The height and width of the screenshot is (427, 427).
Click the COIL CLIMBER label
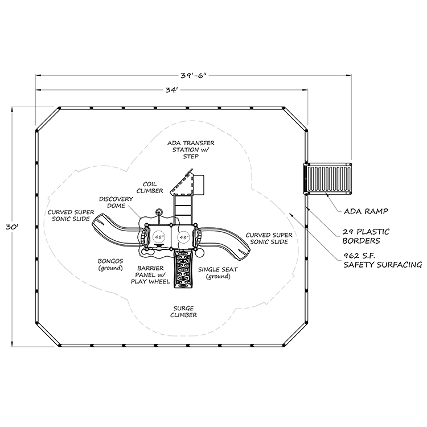pyautogui.click(x=150, y=187)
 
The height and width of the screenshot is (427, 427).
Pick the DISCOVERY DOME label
pyautogui.click(x=116, y=203)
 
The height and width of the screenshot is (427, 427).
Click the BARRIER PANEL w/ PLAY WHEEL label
pyautogui.click(x=150, y=274)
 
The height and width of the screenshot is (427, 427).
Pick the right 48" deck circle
pyautogui.click(x=183, y=236)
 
